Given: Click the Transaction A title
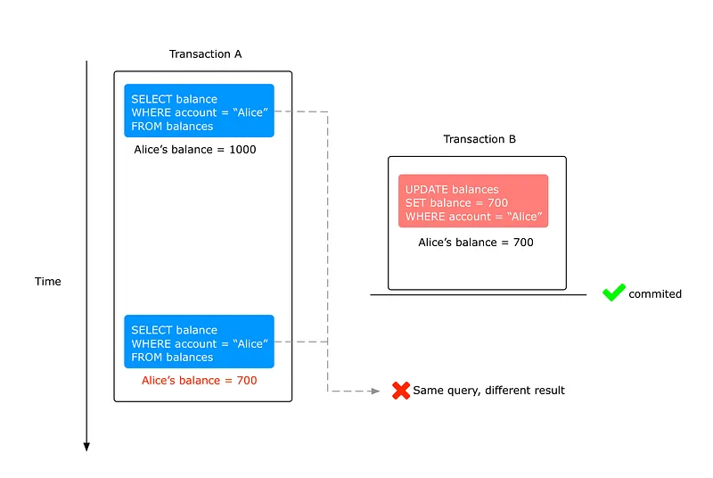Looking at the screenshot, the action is (x=206, y=54).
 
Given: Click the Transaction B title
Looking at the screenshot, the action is (x=479, y=139).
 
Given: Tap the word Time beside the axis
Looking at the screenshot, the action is (x=48, y=282).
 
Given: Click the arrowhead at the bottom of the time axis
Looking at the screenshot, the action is (x=86, y=447).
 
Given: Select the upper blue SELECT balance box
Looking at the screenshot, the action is (x=199, y=111).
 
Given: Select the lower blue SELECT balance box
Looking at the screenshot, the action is (x=199, y=342).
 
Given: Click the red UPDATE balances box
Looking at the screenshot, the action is (x=473, y=201).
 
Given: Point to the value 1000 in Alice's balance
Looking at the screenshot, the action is (x=242, y=150).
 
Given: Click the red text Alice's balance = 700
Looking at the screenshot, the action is (x=199, y=381).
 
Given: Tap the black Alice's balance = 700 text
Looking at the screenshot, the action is (x=476, y=243).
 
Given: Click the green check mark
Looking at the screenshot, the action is (x=614, y=292).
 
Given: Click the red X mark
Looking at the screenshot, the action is (x=401, y=391).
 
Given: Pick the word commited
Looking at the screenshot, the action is (x=655, y=294).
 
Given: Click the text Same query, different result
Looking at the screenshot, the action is (x=488, y=391).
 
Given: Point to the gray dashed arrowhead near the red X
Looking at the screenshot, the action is (x=375, y=391).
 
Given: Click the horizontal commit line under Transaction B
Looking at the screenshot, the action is (x=479, y=294).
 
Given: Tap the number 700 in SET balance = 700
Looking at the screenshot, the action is (x=497, y=202).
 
